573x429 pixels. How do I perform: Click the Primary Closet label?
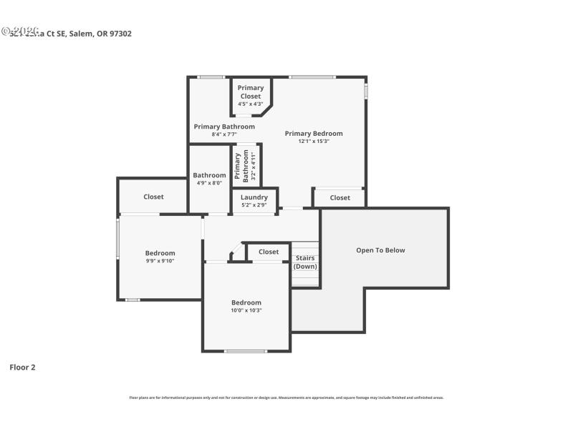click(251, 92)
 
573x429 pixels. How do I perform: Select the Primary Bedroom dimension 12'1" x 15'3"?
click(314, 142)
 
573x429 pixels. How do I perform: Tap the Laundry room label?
click(254, 197)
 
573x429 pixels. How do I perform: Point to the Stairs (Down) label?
click(305, 262)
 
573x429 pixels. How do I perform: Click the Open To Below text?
click(380, 250)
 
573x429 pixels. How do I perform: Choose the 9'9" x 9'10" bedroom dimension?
click(160, 261)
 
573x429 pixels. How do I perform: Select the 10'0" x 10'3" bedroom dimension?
click(246, 310)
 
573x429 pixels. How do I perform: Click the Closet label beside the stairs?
click(269, 252)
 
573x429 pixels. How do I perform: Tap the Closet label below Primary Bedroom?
click(340, 198)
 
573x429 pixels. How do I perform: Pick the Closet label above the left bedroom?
click(153, 197)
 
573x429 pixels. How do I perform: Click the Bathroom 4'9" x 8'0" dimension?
click(209, 183)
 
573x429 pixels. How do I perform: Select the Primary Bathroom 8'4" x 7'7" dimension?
click(223, 134)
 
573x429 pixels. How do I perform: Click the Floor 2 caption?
click(22, 368)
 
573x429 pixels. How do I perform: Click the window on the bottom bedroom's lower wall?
click(246, 351)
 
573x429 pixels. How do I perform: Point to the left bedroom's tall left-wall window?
click(118, 238)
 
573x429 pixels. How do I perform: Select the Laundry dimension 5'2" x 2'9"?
click(254, 205)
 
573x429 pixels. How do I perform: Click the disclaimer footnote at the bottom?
click(286, 398)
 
